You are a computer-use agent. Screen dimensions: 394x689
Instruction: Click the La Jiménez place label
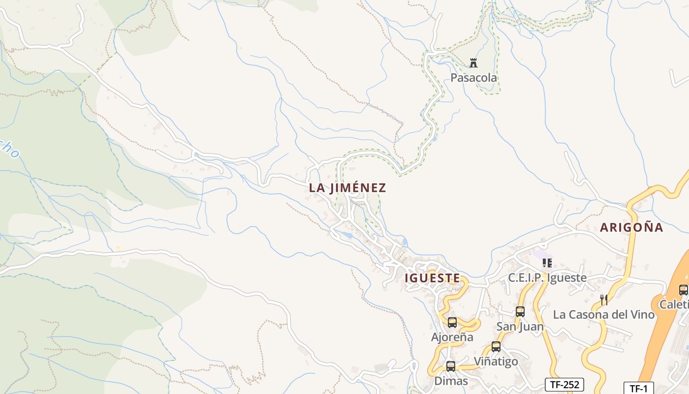pyautogui.click(x=347, y=188)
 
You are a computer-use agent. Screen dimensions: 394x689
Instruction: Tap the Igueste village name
pyautogui.click(x=432, y=278)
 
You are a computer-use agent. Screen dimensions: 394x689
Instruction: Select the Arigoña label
pyautogui.click(x=631, y=227)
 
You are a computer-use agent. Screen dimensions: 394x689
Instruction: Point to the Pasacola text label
pyautogui.click(x=473, y=78)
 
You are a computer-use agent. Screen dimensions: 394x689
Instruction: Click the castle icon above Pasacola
pyautogui.click(x=473, y=63)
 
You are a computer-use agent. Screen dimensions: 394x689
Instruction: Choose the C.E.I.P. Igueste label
pyautogui.click(x=547, y=278)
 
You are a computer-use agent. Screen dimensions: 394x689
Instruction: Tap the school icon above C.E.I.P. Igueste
pyautogui.click(x=547, y=263)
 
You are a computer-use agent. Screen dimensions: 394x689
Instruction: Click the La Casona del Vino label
pyautogui.click(x=604, y=314)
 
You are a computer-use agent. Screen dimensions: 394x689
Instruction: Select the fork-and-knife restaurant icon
pyautogui.click(x=604, y=299)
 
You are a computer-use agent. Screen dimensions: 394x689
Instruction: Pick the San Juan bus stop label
pyautogui.click(x=520, y=327)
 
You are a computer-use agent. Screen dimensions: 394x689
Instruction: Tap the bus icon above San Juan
pyautogui.click(x=520, y=311)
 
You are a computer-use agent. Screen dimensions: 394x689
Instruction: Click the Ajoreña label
pyautogui.click(x=452, y=337)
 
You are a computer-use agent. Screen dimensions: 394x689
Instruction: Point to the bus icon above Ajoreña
pyautogui.click(x=452, y=323)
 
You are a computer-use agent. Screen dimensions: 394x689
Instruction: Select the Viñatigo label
pyautogui.click(x=496, y=361)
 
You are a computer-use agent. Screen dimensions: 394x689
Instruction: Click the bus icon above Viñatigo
pyautogui.click(x=496, y=347)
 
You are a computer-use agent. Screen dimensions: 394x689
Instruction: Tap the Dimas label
pyautogui.click(x=451, y=381)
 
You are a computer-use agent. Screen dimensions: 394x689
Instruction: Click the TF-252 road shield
pyautogui.click(x=564, y=384)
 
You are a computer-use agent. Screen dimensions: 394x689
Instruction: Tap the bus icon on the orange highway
pyautogui.click(x=684, y=290)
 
